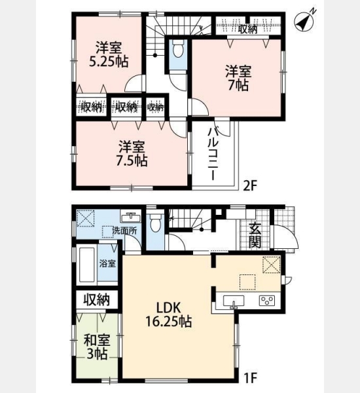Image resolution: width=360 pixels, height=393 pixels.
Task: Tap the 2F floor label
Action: [251, 186]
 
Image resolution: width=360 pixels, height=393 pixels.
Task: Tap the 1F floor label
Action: [251, 378]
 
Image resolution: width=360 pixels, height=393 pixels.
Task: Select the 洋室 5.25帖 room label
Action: [109, 54]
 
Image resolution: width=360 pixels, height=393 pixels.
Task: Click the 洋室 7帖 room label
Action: [238, 78]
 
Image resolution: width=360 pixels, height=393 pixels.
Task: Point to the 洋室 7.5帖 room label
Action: [132, 154]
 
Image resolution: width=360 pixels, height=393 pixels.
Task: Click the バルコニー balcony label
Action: [213, 154]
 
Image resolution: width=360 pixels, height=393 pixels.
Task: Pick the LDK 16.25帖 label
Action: [169, 314]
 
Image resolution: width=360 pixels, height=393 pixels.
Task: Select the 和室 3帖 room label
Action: [97, 347]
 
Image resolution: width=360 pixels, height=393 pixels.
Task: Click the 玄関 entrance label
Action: [255, 235]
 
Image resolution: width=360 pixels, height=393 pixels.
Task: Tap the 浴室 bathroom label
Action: [107, 263]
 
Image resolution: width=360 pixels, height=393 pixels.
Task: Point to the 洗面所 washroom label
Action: [124, 231]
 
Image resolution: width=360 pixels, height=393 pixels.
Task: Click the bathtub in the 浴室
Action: [86, 265]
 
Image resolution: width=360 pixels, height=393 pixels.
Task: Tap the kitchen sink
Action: [234, 301]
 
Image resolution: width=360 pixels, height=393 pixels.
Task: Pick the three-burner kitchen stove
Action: [267, 300]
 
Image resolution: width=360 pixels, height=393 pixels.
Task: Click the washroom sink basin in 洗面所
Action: [130, 217]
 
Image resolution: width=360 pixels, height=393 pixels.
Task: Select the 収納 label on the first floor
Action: [96, 299]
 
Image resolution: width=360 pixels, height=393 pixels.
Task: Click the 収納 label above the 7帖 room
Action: [248, 29]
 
